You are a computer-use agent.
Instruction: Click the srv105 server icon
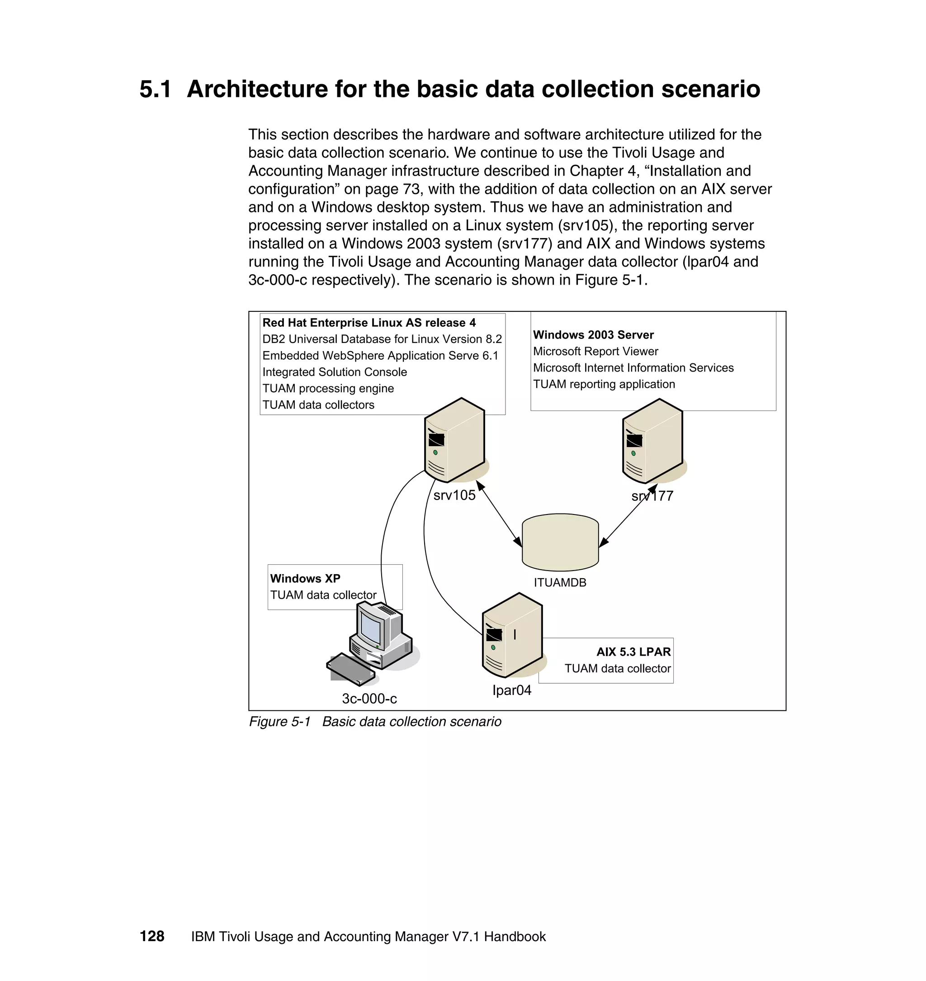454,440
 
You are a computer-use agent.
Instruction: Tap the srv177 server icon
652,441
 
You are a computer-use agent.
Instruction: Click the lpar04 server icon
512,636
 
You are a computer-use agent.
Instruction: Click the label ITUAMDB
560,583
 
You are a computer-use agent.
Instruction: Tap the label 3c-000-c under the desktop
369,699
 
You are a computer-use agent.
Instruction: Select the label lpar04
512,690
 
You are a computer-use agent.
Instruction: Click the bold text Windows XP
305,578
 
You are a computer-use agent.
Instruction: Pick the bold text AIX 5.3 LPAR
633,652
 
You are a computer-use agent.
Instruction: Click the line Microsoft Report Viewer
595,351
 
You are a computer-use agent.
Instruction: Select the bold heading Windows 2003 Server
593,335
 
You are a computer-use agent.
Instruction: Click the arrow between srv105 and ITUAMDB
499,514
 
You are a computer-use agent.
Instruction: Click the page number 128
152,936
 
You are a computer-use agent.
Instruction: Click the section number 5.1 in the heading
155,90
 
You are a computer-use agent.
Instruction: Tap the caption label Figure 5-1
279,722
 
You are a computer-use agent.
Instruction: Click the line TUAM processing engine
328,388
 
